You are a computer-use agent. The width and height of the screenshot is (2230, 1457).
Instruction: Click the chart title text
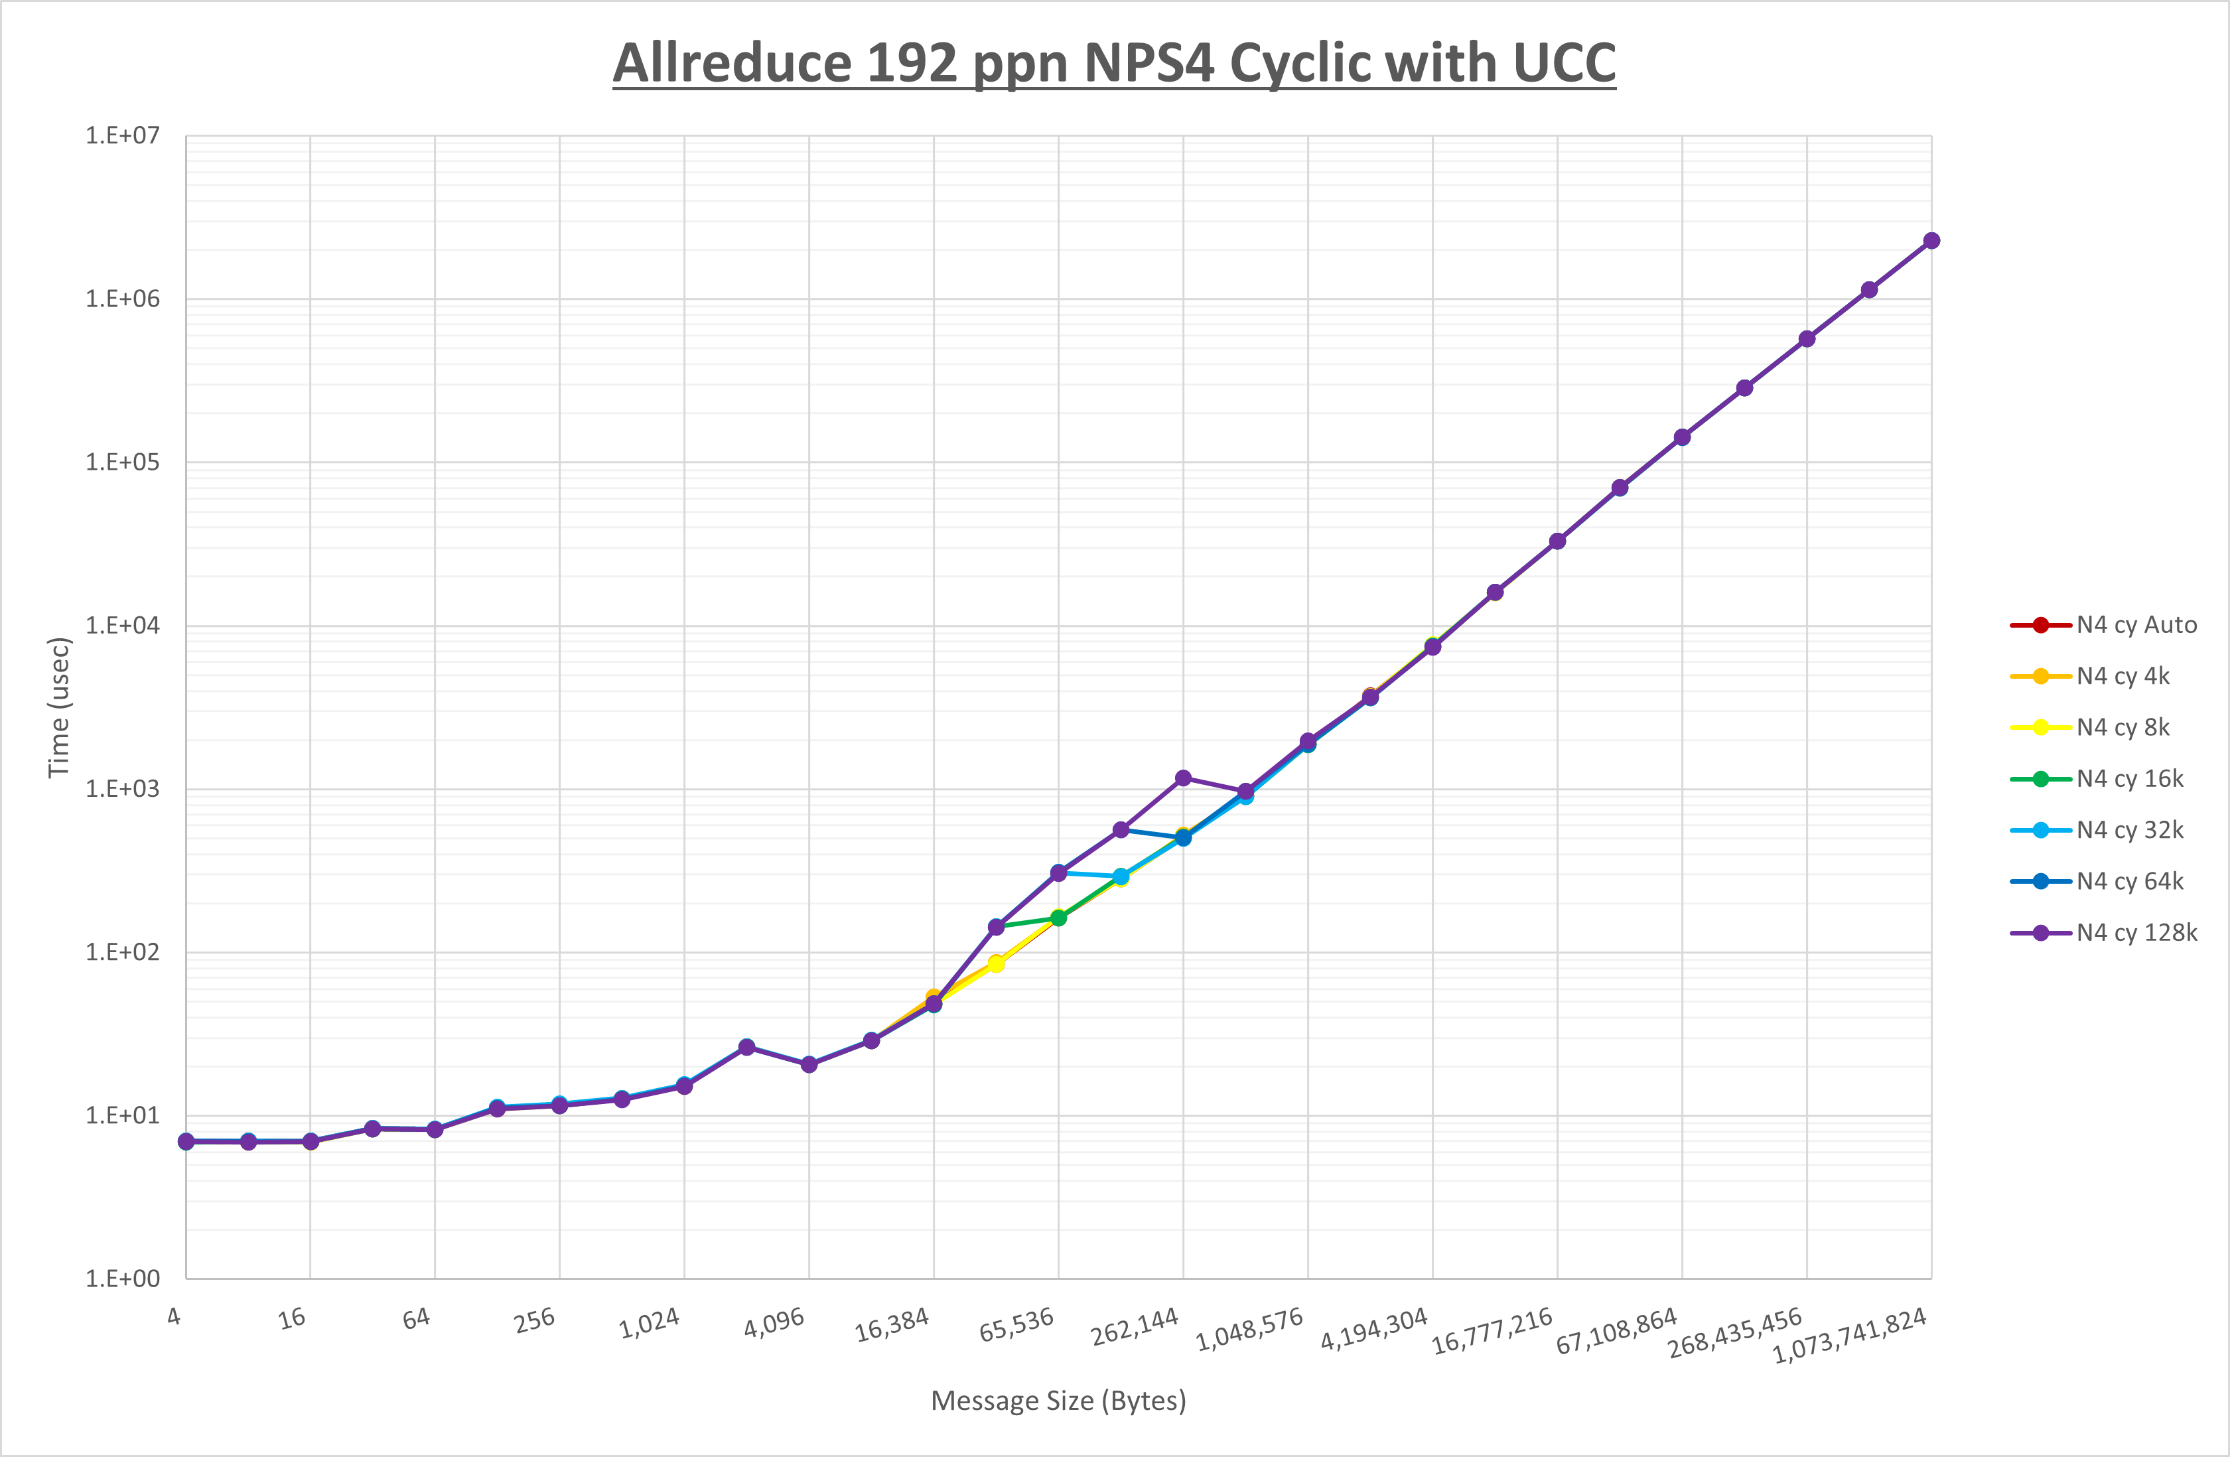tap(1114, 64)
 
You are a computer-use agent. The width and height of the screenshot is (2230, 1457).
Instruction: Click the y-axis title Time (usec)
tap(59, 707)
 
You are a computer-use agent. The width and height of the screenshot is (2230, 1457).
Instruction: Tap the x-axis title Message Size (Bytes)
tap(1058, 1401)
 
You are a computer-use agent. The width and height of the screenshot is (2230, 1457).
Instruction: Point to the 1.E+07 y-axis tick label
tap(122, 136)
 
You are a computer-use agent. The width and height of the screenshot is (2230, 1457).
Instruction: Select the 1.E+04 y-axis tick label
tap(122, 626)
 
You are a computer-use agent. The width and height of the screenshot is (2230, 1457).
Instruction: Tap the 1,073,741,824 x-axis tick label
tap(1850, 1335)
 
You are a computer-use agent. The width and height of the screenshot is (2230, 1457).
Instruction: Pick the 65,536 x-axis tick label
tap(1016, 1325)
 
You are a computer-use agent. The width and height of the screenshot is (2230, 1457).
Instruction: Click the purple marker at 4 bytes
tap(186, 1141)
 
